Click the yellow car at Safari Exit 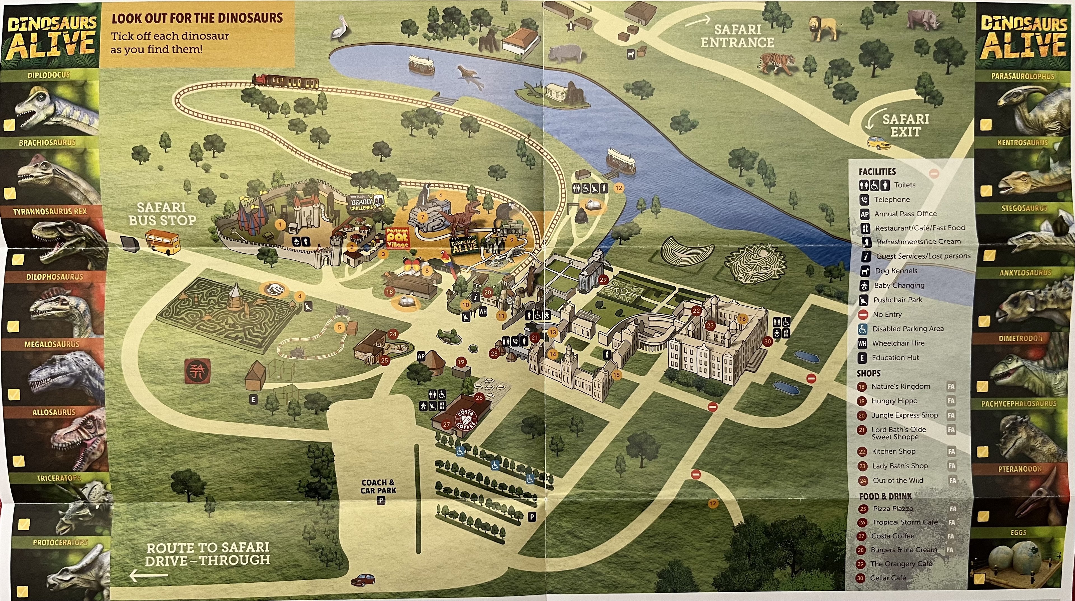(x=878, y=143)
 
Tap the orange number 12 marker (x=618, y=188)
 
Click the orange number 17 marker (x=713, y=503)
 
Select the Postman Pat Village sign (x=397, y=238)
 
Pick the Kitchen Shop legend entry (x=893, y=451)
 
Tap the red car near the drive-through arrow (x=363, y=580)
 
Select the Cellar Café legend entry (x=888, y=578)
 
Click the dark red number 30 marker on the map (x=767, y=341)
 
